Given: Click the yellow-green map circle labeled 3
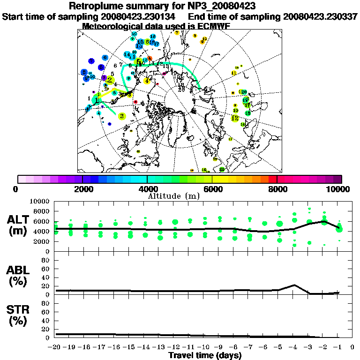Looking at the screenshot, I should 122,116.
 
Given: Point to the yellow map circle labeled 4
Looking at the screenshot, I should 147,81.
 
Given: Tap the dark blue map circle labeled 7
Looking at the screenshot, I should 91,61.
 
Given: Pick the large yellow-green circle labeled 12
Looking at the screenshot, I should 235,118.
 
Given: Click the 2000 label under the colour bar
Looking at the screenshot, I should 82,189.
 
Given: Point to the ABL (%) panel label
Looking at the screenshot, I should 18,276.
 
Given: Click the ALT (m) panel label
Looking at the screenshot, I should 18,225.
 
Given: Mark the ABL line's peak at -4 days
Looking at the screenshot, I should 294,285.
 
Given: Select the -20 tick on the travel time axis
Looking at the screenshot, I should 55,348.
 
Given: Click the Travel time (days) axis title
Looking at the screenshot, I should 205,356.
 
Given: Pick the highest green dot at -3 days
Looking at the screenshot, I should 309,209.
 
